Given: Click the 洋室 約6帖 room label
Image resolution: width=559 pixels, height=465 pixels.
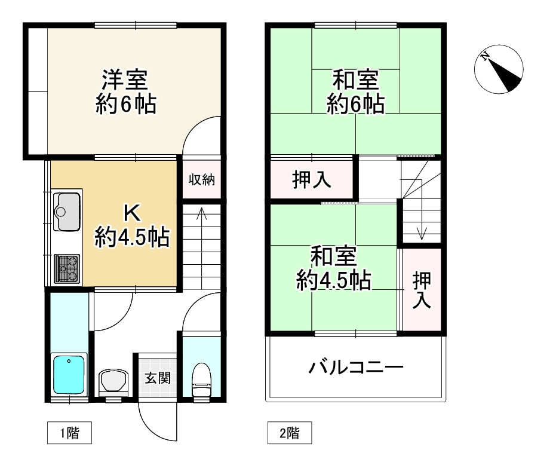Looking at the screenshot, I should pyautogui.click(x=125, y=92).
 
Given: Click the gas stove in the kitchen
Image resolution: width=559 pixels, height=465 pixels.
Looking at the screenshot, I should pyautogui.click(x=67, y=267).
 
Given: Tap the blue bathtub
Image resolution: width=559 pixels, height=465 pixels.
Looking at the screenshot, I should pyautogui.click(x=70, y=374).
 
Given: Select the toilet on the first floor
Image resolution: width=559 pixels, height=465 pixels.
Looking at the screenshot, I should pyautogui.click(x=201, y=380).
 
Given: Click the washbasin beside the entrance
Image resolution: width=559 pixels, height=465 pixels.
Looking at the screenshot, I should pyautogui.click(x=113, y=381).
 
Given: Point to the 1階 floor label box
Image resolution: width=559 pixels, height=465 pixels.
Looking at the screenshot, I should pyautogui.click(x=69, y=433).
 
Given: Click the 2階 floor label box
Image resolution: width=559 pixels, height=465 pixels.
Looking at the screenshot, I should pyautogui.click(x=289, y=433).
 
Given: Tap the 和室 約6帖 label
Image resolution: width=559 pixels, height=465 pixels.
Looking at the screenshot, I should pyautogui.click(x=355, y=92).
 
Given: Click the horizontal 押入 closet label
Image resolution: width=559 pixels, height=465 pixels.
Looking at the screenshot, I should pyautogui.click(x=312, y=179).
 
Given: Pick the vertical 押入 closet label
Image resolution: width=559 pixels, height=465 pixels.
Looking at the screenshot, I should pyautogui.click(x=422, y=290).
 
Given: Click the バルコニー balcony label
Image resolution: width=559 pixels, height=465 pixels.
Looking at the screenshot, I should pyautogui.click(x=356, y=366).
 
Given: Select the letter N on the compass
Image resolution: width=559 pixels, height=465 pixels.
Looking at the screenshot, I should pyautogui.click(x=486, y=58).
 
